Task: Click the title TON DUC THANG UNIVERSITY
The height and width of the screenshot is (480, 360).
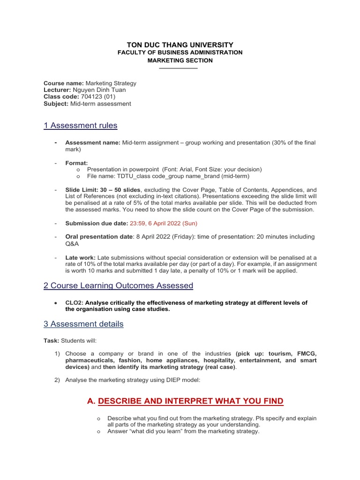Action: [180, 44]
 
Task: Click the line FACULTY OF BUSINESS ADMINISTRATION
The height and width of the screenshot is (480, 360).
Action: [180, 52]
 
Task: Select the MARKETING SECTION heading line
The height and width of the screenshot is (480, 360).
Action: [180, 60]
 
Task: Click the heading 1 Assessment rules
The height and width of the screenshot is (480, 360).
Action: [80, 126]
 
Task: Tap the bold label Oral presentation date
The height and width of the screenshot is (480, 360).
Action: [99, 237]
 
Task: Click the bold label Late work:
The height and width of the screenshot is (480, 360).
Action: [80, 257]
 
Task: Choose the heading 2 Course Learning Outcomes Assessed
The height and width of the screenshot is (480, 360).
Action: [118, 285]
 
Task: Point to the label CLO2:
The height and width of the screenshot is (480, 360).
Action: [74, 303]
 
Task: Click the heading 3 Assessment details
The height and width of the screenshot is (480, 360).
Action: [83, 324]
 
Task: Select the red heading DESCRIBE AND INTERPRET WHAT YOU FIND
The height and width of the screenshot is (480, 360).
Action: [191, 401]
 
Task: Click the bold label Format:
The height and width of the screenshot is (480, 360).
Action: [76, 163]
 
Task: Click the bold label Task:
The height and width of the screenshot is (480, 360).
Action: [52, 340]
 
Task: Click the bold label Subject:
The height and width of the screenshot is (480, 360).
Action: [56, 104]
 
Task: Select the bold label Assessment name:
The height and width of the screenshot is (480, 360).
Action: [93, 142]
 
